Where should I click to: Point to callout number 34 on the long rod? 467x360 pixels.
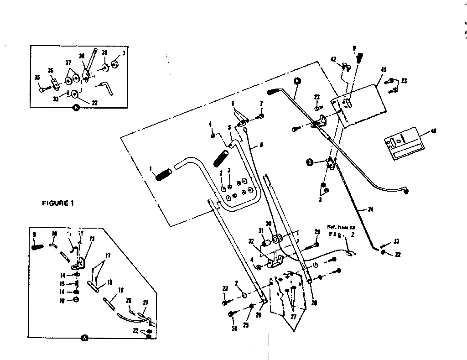(370, 210)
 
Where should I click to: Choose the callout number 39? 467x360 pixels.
(104, 53)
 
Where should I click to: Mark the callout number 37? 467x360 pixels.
(68, 63)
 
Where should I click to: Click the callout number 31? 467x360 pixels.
(261, 231)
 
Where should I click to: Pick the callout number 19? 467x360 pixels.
(121, 290)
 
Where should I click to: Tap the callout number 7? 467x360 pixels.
(261, 104)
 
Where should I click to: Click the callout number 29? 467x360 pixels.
(317, 232)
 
